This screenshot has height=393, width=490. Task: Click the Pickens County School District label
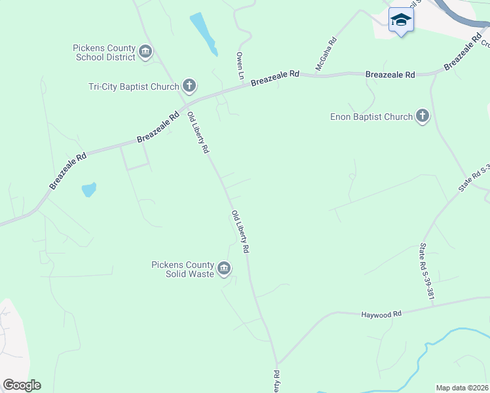[x=104, y=52]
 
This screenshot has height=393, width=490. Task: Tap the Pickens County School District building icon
[x=145, y=51]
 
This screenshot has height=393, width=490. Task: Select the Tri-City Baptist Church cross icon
[x=189, y=86]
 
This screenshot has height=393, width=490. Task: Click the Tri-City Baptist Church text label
[x=134, y=86]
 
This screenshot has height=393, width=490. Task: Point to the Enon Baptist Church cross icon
[x=423, y=117]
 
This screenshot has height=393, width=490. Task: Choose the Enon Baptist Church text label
[x=371, y=117]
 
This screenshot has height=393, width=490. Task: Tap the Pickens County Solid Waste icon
[x=224, y=268]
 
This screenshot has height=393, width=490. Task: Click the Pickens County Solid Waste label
[x=183, y=269]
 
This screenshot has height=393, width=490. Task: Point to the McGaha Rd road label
[x=326, y=54]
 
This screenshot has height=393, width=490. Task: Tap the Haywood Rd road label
[x=381, y=315]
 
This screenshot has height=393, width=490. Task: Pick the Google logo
[x=22, y=385]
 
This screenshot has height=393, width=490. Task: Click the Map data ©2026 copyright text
[x=462, y=388]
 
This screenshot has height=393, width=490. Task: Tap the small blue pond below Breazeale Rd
[x=88, y=190]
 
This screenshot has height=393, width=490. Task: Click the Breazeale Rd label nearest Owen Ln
[x=274, y=77]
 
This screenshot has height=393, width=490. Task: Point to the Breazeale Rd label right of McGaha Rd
[x=390, y=75]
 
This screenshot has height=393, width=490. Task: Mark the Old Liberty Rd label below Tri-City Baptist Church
[x=198, y=132]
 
